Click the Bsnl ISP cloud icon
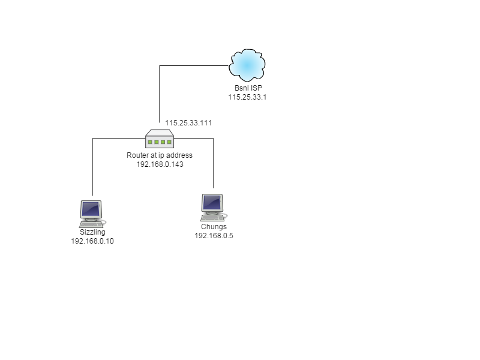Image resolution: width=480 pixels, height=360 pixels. [247, 65]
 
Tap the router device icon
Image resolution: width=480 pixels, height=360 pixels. [160, 139]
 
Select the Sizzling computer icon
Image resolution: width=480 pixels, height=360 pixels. [92, 214]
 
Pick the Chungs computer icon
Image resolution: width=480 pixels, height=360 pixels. [214, 207]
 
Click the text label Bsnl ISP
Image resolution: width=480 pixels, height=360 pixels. [248, 88]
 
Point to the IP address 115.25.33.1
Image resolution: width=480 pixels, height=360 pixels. [247, 97]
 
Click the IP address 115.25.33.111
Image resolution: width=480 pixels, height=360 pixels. [188, 123]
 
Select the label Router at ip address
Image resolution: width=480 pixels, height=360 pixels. [160, 155]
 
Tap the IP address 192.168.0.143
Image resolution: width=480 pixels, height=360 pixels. [160, 164]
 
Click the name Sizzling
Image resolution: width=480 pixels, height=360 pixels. [92, 232]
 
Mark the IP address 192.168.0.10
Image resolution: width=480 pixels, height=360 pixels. [92, 241]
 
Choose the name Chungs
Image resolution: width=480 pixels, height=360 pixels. [214, 227]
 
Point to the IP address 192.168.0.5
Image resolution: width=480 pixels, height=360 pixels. [214, 236]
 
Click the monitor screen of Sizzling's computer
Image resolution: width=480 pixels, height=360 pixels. [91, 209]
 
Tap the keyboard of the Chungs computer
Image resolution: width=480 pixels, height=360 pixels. [212, 218]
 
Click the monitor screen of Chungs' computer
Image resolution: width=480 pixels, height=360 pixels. [212, 202]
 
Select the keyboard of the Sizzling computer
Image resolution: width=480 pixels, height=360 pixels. [91, 224]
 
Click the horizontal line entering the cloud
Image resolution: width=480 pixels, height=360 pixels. [194, 65]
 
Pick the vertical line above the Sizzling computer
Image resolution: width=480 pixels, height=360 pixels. [92, 167]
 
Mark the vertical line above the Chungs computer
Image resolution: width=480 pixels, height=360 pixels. [214, 163]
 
